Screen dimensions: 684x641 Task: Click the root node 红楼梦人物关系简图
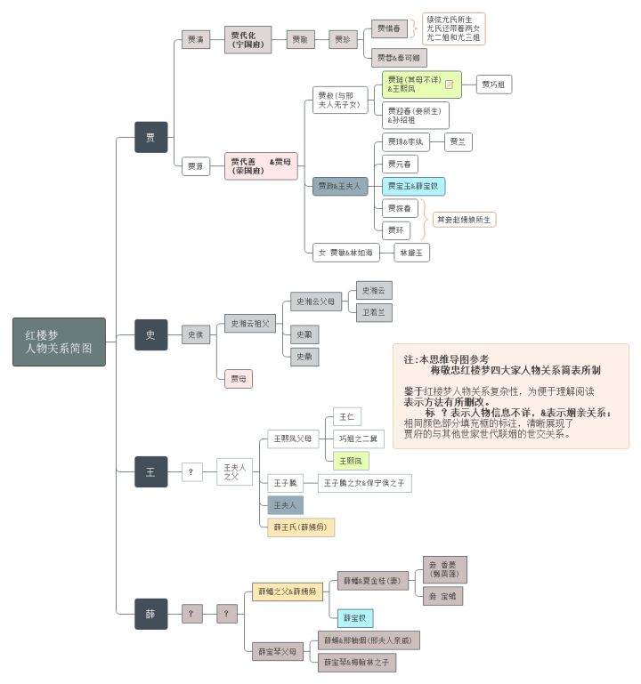(59, 342)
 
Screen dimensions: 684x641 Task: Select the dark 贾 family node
(150, 137)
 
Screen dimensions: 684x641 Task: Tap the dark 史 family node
(150, 334)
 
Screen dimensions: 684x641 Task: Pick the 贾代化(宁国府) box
(247, 40)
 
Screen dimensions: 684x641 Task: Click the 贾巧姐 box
(494, 84)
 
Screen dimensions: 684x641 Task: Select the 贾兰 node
(460, 141)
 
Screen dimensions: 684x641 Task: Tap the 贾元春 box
(400, 164)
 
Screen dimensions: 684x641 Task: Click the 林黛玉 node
(413, 253)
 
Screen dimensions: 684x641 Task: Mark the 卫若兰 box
(374, 312)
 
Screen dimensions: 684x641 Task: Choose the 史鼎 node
(305, 357)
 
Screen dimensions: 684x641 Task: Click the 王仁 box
(345, 417)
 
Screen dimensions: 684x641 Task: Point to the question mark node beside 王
(191, 472)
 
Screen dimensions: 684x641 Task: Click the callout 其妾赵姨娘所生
(464, 219)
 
